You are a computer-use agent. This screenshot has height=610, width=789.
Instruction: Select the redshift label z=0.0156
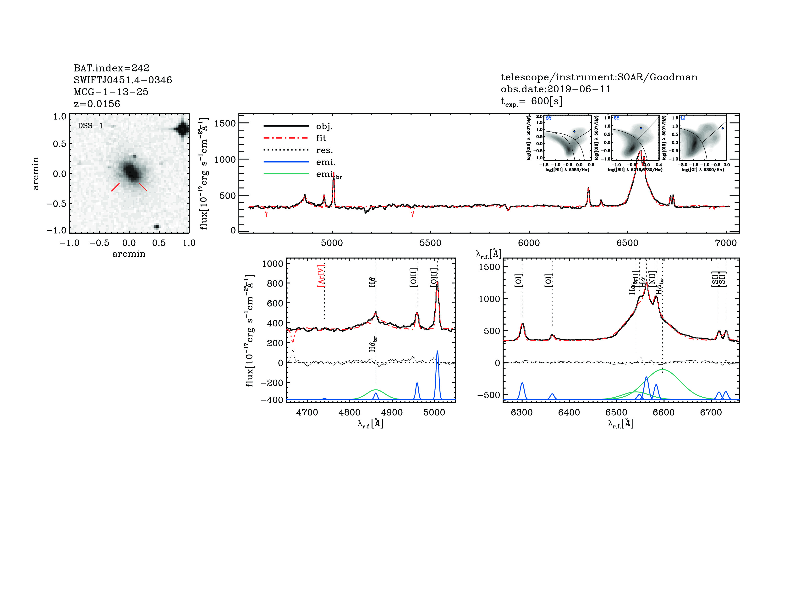(x=97, y=104)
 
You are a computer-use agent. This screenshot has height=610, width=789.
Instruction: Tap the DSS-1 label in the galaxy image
(x=90, y=126)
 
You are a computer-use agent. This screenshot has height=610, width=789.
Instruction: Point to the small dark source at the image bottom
(x=157, y=227)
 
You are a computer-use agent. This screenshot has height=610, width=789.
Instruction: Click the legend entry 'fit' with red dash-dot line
(x=321, y=138)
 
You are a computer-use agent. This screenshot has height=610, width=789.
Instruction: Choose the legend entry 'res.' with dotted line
(x=324, y=150)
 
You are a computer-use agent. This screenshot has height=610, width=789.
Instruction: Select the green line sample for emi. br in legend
(x=286, y=174)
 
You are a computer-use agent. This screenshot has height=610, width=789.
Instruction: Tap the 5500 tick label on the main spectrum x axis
(x=430, y=243)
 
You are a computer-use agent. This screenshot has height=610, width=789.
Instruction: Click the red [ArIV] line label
(x=321, y=276)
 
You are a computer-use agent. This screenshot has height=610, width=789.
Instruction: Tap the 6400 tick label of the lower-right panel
(x=569, y=412)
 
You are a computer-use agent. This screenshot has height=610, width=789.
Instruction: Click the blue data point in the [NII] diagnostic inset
(x=574, y=132)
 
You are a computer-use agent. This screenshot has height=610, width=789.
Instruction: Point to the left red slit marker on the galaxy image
(x=115, y=187)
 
